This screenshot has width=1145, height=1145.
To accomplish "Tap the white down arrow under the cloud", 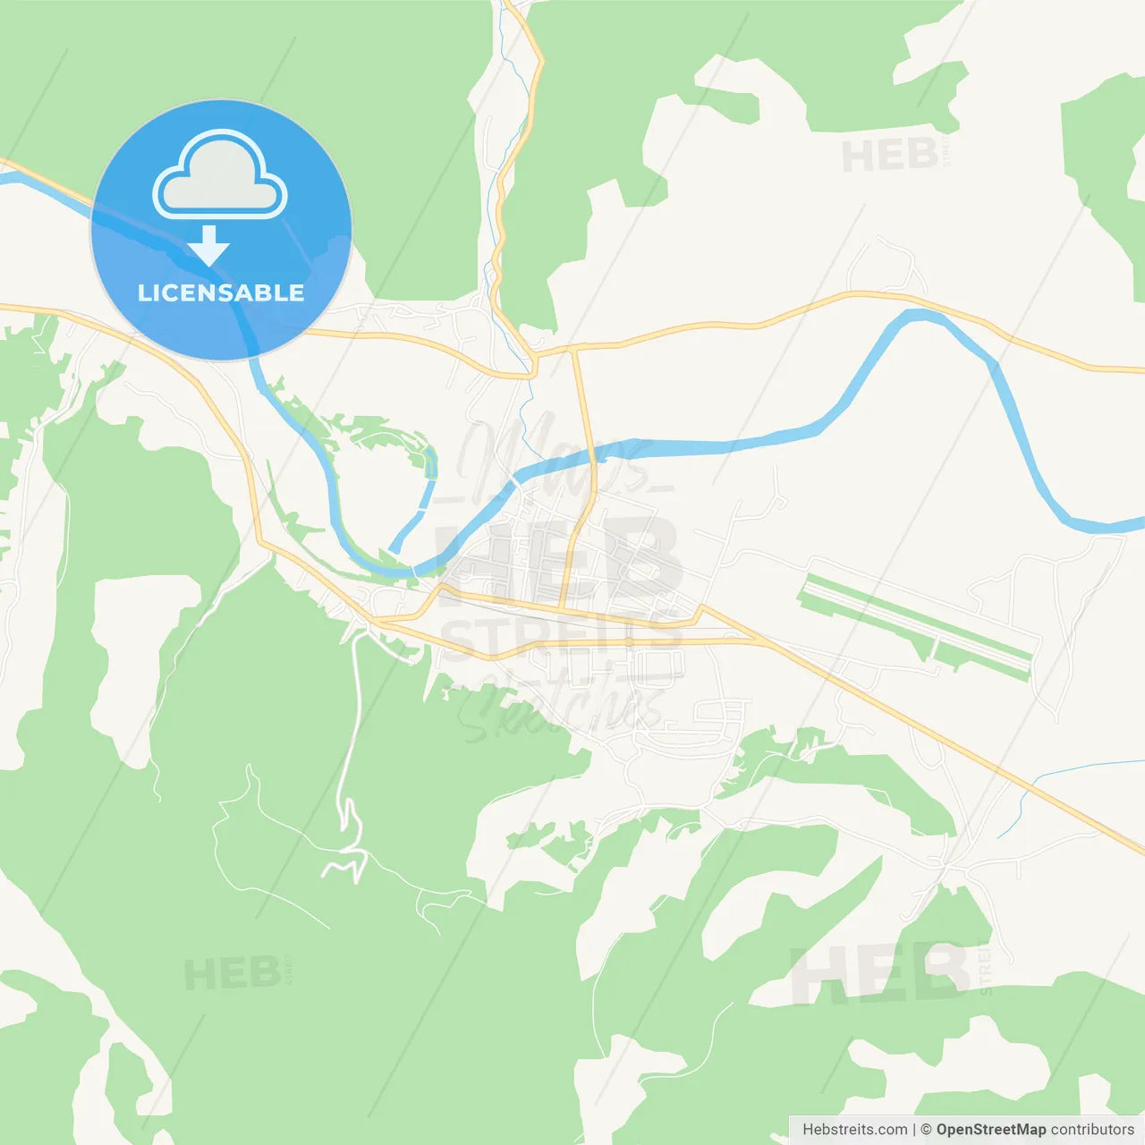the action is point(208,246).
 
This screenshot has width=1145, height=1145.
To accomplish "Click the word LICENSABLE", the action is point(221,293).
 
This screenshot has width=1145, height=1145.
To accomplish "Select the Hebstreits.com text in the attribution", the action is point(854,1130).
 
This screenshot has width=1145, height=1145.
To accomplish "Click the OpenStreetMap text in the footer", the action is point(991,1130).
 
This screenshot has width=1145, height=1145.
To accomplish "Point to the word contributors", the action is point(1092,1130).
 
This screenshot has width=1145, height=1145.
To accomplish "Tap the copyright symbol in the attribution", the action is point(926,1130).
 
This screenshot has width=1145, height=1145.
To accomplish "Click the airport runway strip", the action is point(917,621).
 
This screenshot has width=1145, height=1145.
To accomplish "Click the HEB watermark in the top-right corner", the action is point(890,156).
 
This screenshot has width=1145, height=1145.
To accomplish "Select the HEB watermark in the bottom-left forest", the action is point(233,973).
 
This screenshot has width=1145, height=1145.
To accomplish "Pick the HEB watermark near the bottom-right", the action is point(881,973).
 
